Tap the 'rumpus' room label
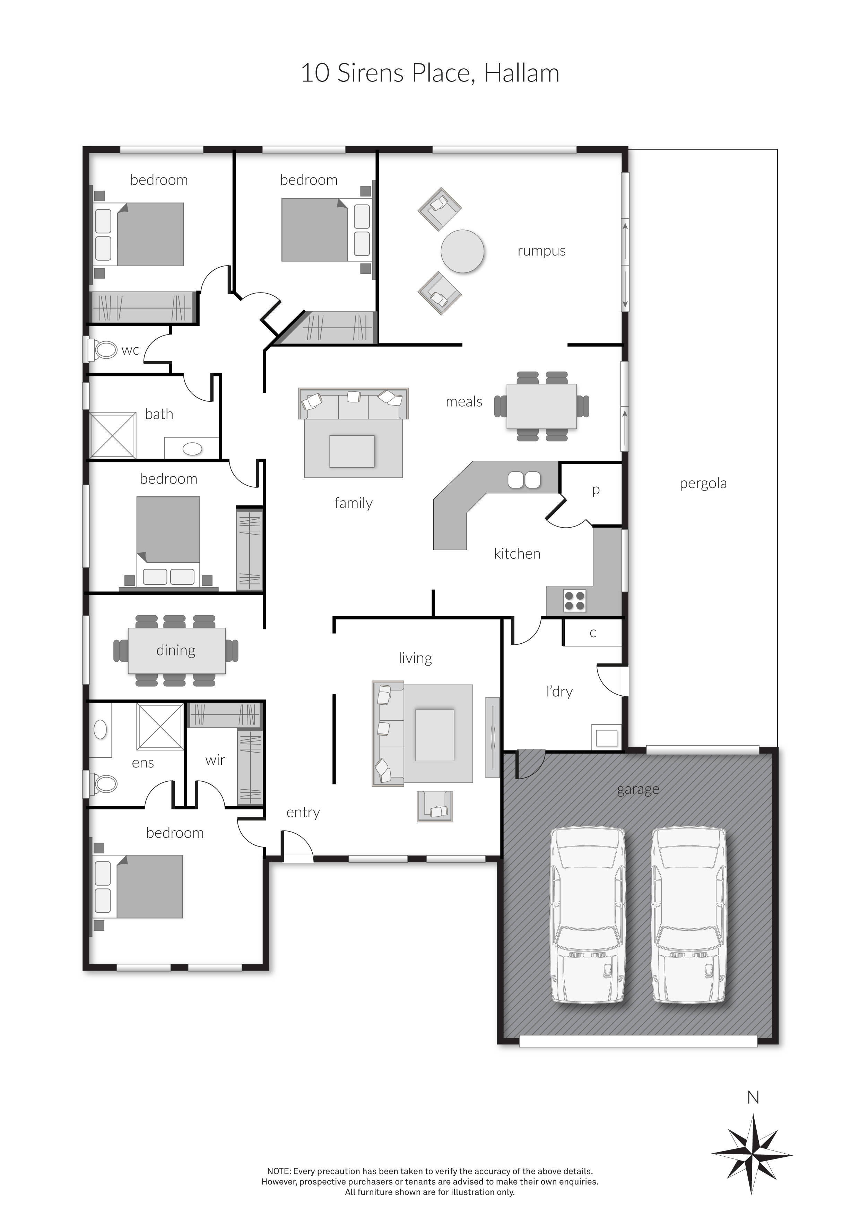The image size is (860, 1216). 541,251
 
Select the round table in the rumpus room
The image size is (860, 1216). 462,251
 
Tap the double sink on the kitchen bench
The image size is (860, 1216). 524,479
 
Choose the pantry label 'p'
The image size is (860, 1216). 596,490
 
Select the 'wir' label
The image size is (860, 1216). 215,760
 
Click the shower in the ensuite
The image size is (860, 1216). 160,726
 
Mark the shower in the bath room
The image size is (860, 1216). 113,435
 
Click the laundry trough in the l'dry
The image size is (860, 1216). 606,737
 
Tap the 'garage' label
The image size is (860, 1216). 638,790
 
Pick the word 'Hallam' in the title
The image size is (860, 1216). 522,73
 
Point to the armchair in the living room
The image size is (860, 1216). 435,806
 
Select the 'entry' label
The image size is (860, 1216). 303,813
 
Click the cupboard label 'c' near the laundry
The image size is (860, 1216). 593,633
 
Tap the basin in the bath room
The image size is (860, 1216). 192,449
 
